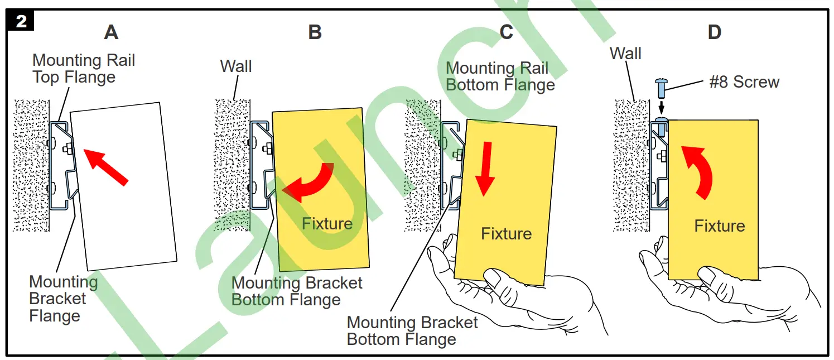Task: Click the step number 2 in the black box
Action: (x=21, y=21)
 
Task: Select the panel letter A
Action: (x=111, y=32)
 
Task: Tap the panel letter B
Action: (x=315, y=32)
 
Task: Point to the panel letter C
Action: (x=506, y=32)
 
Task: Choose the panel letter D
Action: (x=714, y=32)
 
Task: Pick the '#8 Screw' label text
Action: (x=744, y=82)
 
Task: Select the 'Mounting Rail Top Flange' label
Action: (x=84, y=68)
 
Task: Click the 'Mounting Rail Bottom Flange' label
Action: (x=500, y=76)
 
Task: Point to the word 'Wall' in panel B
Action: (x=236, y=66)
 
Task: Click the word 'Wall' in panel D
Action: (x=625, y=54)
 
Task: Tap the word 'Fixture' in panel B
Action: (x=327, y=224)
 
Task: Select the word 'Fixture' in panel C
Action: (x=506, y=233)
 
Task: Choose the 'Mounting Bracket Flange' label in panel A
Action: (x=63, y=299)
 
